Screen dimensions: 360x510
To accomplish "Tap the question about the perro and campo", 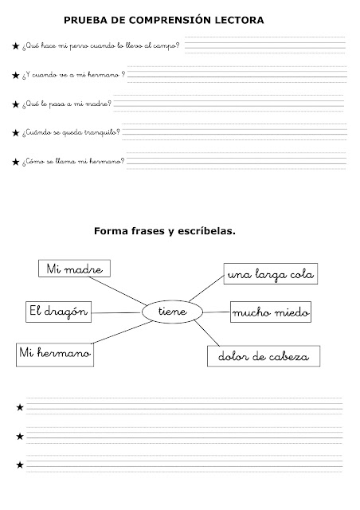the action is tap(100, 47).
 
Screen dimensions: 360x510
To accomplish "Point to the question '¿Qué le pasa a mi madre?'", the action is tap(68, 104).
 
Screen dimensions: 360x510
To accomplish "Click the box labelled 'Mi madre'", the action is tap(74, 270).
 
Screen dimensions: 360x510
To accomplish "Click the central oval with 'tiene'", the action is tap(172, 312).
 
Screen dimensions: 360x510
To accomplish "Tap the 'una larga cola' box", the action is tap(271, 276).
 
